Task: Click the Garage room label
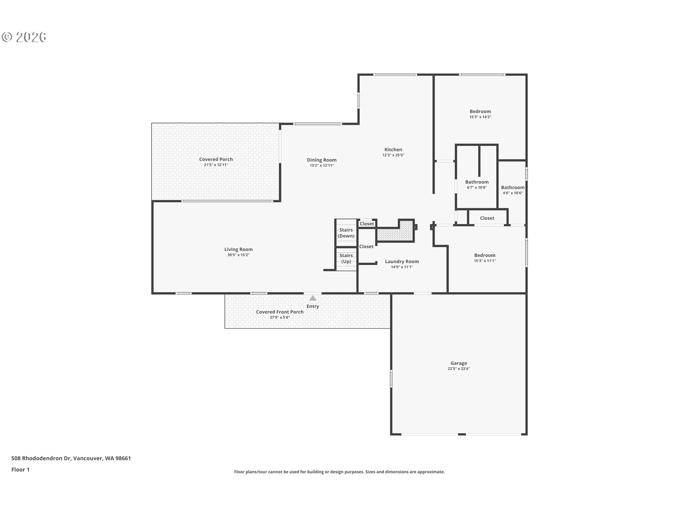(459, 363)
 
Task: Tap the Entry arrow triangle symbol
(313, 298)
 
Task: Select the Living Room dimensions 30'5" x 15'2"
(238, 255)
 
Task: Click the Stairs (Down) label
(346, 233)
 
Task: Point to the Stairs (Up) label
(346, 258)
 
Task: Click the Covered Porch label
(216, 159)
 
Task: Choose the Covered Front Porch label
(279, 312)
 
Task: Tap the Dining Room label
(321, 160)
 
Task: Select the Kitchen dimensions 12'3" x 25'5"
(393, 155)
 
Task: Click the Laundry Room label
(402, 262)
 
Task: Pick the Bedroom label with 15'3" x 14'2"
(480, 111)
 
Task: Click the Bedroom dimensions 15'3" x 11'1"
(484, 261)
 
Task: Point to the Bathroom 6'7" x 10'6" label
(477, 182)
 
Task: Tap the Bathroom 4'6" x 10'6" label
(512, 188)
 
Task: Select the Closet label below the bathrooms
(487, 218)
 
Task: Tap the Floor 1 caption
(20, 469)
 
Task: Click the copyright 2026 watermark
(24, 37)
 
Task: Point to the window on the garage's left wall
(391, 378)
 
